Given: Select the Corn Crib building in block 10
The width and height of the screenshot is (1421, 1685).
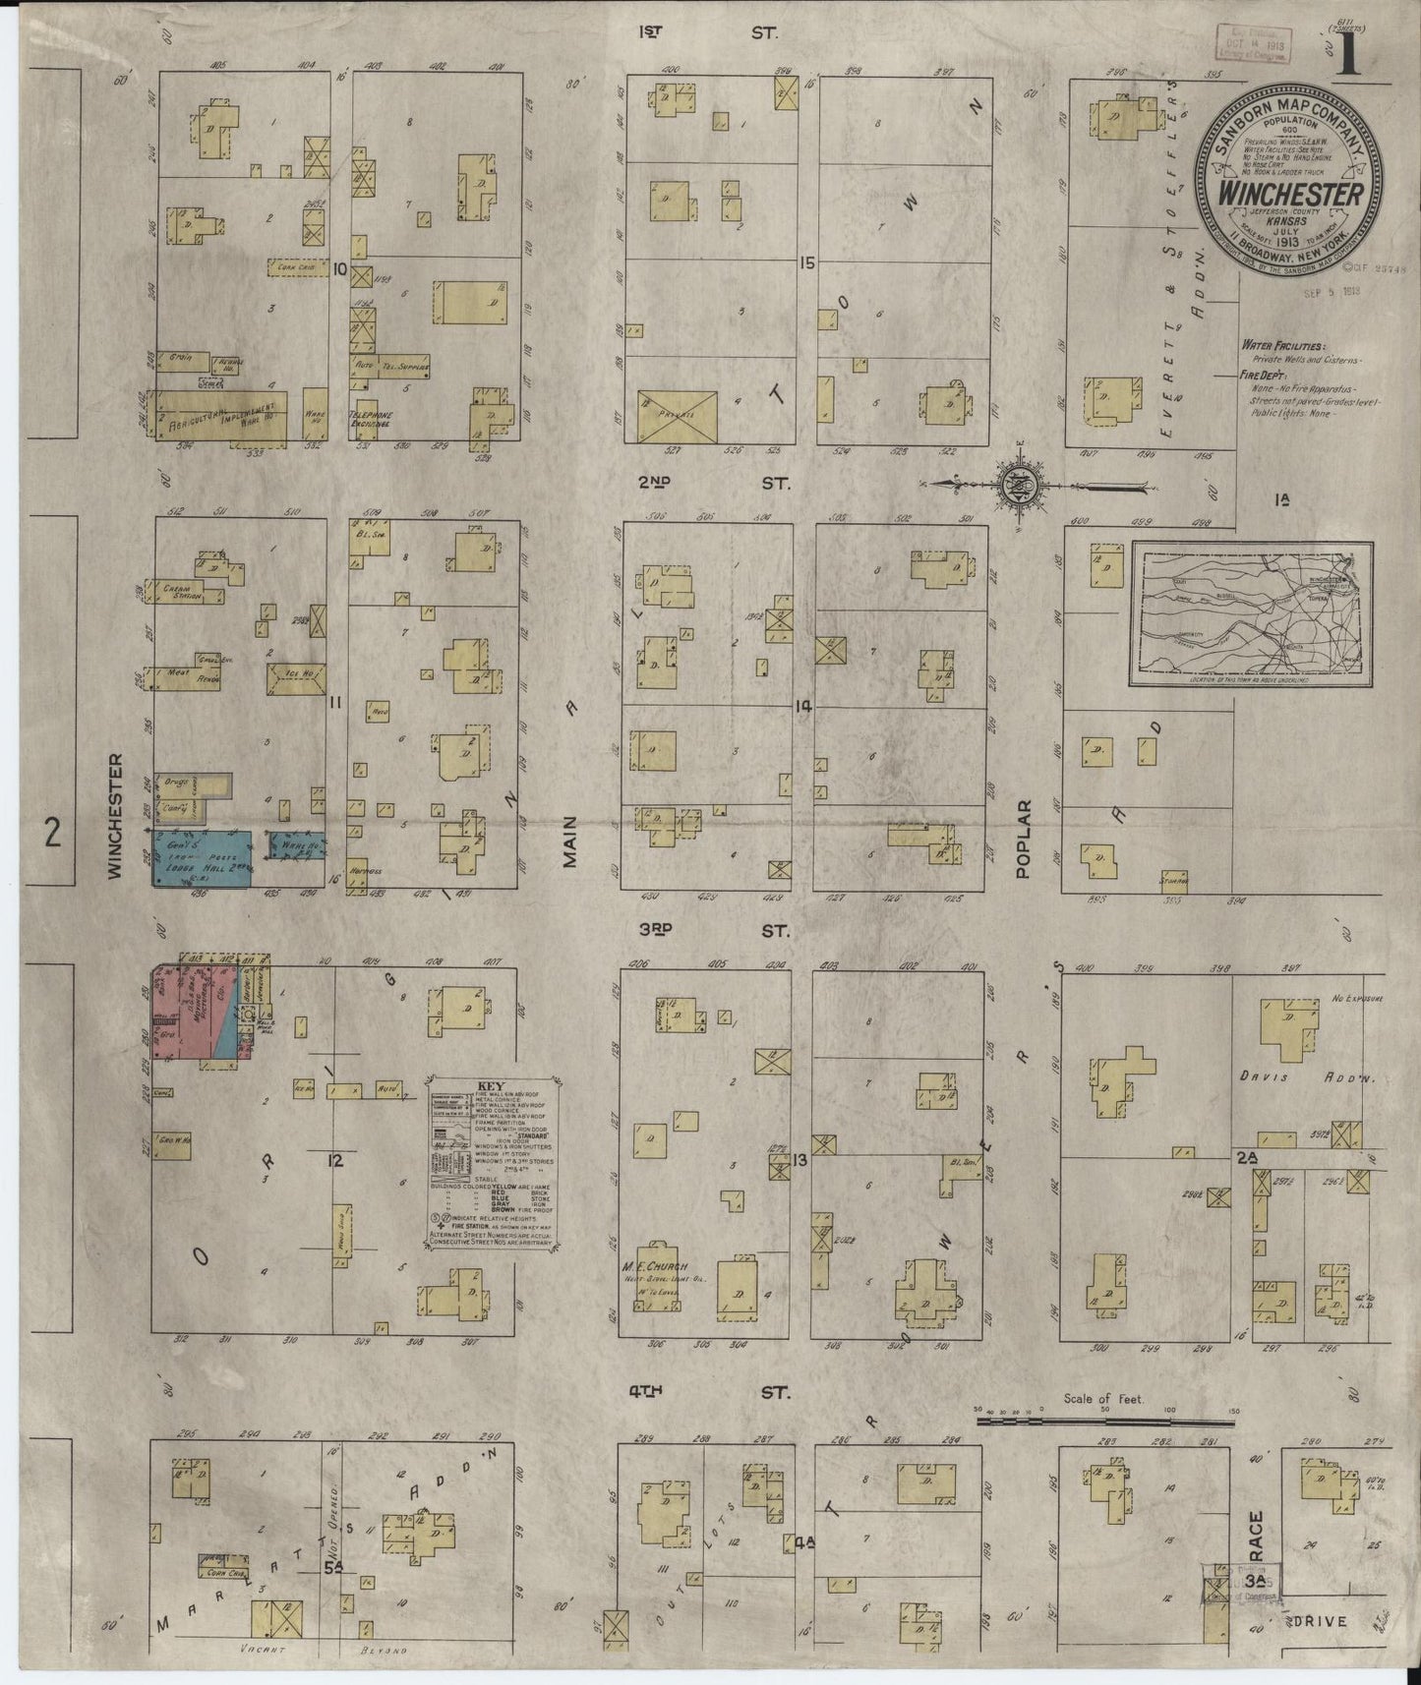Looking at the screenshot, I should pyautogui.click(x=298, y=265).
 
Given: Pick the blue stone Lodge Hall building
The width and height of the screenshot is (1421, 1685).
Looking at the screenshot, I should pyautogui.click(x=201, y=858).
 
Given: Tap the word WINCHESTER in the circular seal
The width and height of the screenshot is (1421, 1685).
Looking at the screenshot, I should pyautogui.click(x=1290, y=193).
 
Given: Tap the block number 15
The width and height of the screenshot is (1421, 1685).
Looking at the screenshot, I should pyautogui.click(x=807, y=263).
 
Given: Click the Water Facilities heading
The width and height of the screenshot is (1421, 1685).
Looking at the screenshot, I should pyautogui.click(x=1281, y=347).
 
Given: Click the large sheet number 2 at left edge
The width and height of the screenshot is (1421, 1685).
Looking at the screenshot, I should pyautogui.click(x=52, y=834).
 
